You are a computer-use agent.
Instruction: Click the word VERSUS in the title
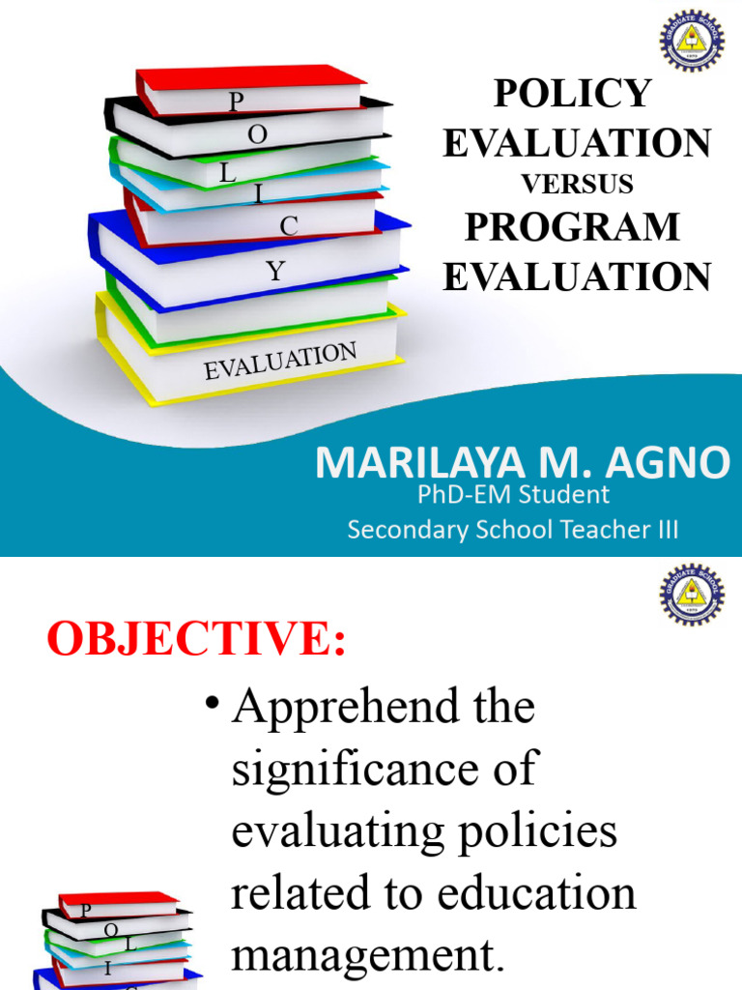[x=577, y=184]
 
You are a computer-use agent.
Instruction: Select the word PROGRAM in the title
[x=572, y=227]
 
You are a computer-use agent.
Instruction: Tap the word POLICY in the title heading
[x=573, y=94]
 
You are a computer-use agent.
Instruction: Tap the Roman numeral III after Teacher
[x=667, y=529]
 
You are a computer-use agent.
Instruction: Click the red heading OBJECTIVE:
[x=196, y=639]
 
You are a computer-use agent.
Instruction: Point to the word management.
[x=367, y=955]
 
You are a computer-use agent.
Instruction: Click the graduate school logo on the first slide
[x=692, y=40]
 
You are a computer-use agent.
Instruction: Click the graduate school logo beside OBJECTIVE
[x=692, y=595]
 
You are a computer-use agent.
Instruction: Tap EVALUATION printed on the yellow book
[x=280, y=361]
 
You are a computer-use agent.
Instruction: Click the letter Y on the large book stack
[x=277, y=272]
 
